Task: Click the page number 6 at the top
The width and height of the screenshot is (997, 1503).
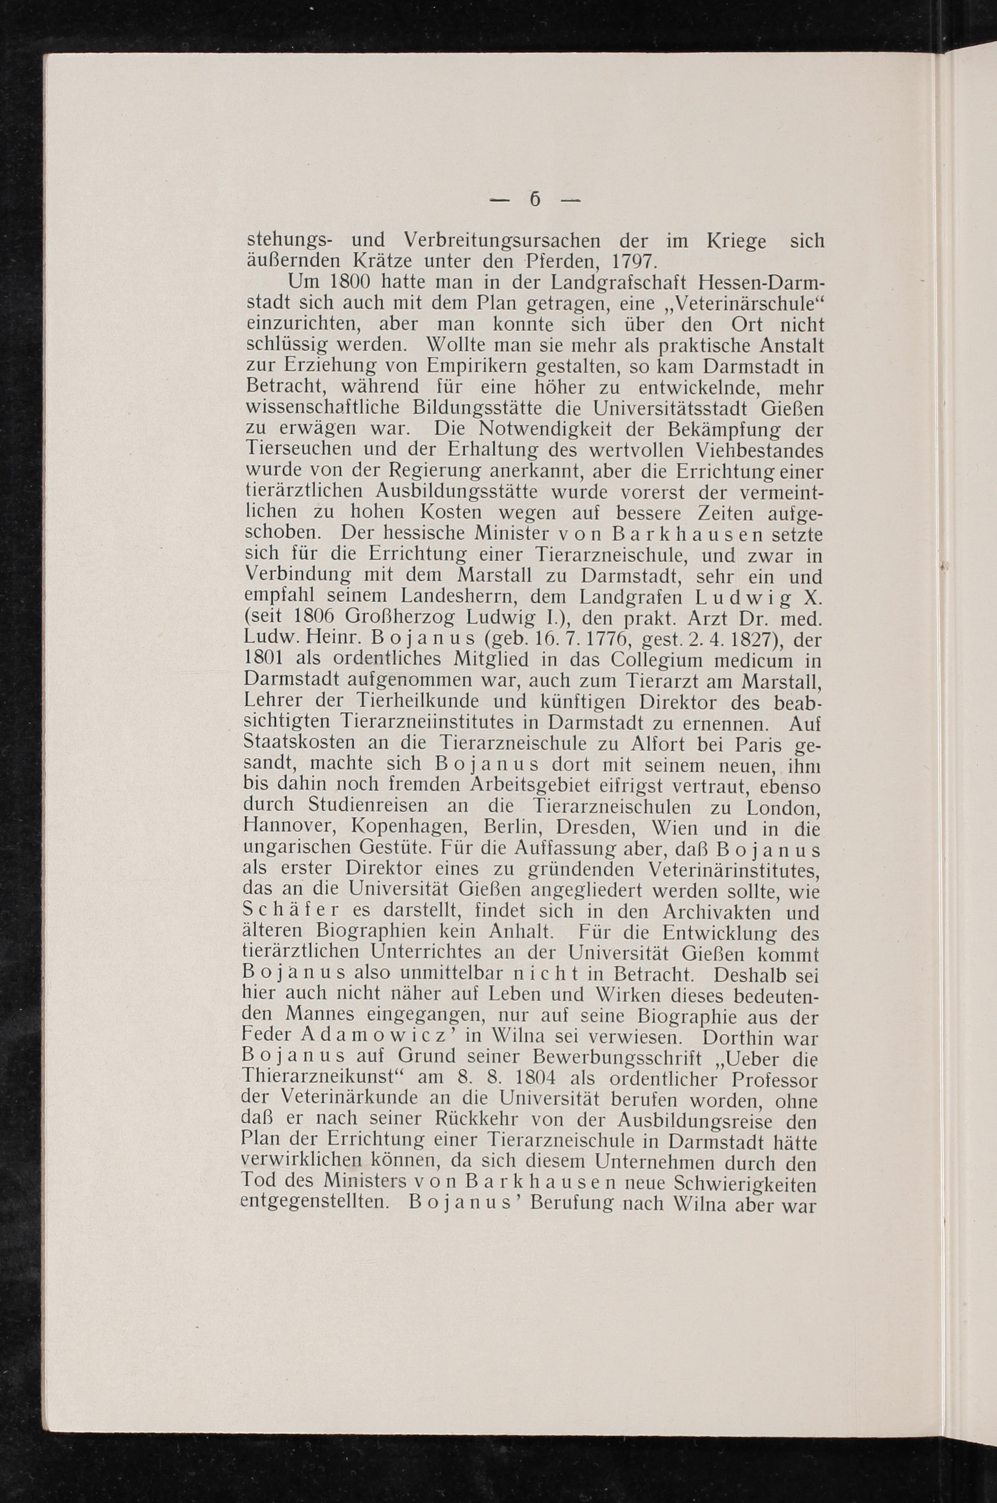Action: click(x=535, y=200)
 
